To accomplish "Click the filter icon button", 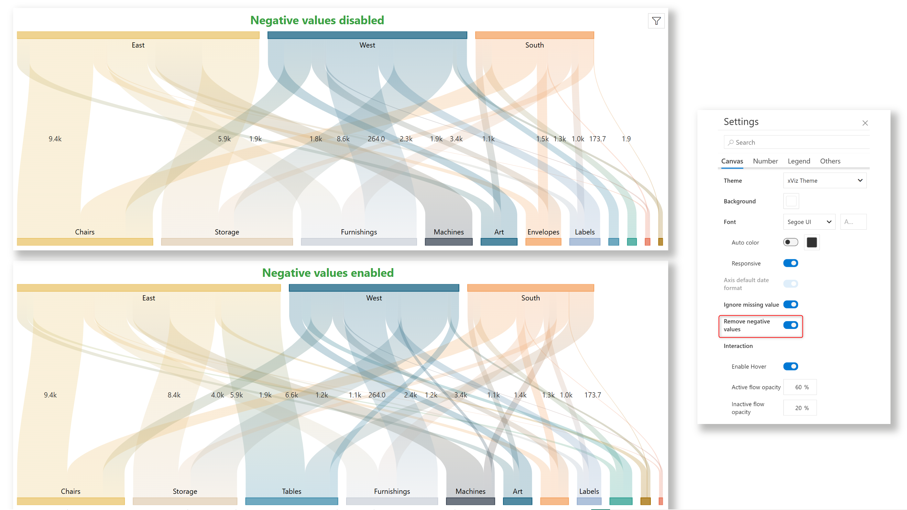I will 656,21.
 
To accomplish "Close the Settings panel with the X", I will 865,123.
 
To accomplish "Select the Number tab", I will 765,161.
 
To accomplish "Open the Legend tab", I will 799,161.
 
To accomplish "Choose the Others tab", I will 830,161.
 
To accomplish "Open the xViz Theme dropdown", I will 824,180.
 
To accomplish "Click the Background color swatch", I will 791,201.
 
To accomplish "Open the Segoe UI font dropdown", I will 809,222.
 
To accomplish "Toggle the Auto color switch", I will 791,242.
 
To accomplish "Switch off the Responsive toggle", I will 791,263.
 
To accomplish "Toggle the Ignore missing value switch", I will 791,304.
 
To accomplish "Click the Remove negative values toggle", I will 791,325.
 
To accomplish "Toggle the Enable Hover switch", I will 791,366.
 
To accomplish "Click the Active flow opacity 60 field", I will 800,387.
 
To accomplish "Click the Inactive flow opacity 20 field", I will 800,408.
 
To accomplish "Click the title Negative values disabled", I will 317,20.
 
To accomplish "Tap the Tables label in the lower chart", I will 291,491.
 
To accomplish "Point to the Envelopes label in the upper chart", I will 543,232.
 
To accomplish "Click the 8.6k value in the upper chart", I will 343,139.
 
